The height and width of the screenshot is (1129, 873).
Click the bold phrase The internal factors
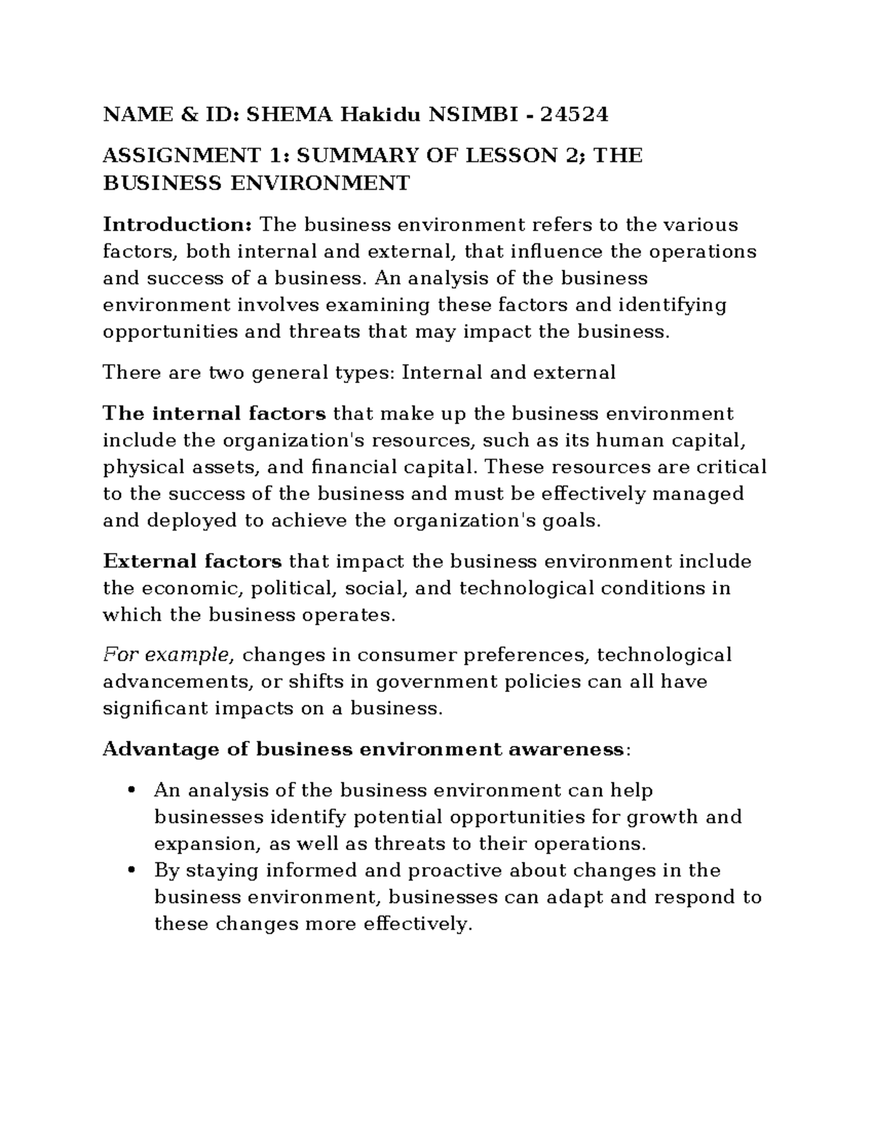214,414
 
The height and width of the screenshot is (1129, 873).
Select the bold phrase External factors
192,561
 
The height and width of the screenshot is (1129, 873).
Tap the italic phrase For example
167,655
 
